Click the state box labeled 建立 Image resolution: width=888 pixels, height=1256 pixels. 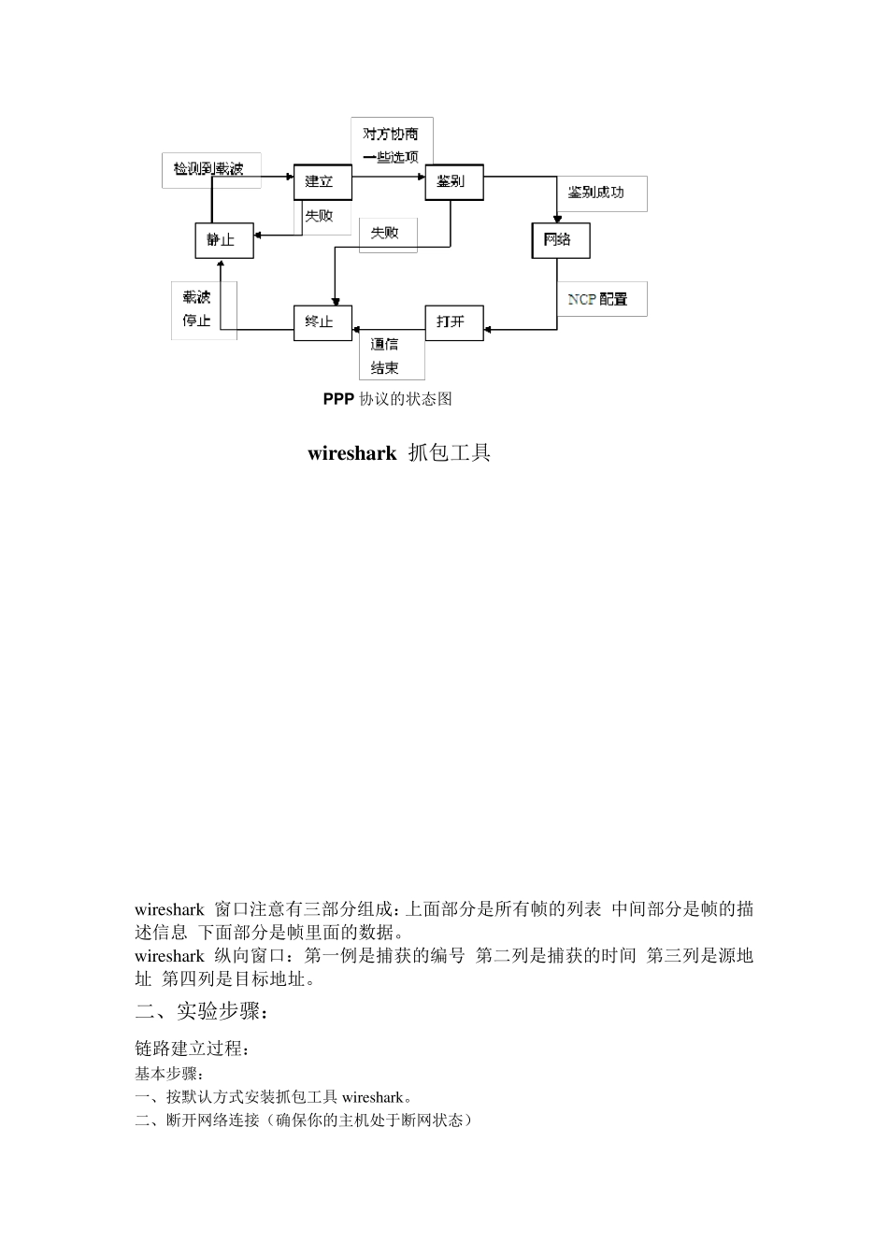coord(322,181)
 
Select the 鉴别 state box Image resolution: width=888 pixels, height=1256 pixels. coord(454,181)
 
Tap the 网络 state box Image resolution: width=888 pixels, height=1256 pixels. coord(561,240)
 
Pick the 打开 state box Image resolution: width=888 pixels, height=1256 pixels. coord(454,321)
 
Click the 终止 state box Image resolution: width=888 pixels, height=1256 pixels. coord(322,321)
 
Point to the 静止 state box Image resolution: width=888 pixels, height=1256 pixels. coord(222,240)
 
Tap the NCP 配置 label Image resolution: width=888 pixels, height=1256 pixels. coord(598,299)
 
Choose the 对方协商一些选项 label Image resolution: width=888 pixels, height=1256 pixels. coord(392,145)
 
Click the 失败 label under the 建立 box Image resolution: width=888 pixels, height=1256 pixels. coord(319,216)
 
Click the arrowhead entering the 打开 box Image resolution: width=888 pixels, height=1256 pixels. coord(489,329)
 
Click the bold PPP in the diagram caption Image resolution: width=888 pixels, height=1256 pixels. coord(338,399)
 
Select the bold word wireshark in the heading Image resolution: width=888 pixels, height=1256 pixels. coord(351,454)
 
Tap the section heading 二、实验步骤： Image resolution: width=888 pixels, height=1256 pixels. coord(203,1011)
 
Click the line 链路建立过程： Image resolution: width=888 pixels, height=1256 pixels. coord(193,1049)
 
